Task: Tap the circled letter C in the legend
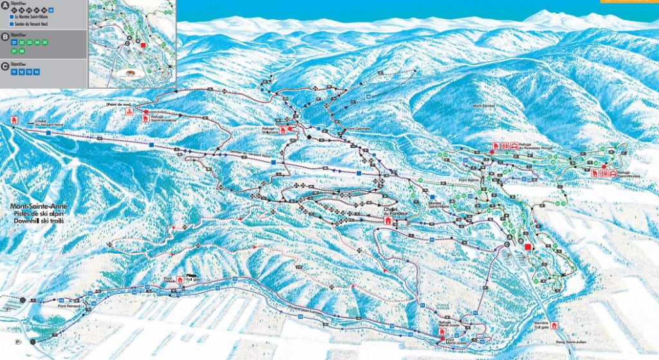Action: click(6, 65)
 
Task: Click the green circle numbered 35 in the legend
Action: click(44, 43)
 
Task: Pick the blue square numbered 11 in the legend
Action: click(14, 72)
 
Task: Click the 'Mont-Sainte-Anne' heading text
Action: click(38, 207)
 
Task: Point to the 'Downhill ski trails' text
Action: click(39, 221)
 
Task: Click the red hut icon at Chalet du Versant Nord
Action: click(14, 120)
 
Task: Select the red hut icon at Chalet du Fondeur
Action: click(388, 220)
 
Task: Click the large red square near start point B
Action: click(528, 247)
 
